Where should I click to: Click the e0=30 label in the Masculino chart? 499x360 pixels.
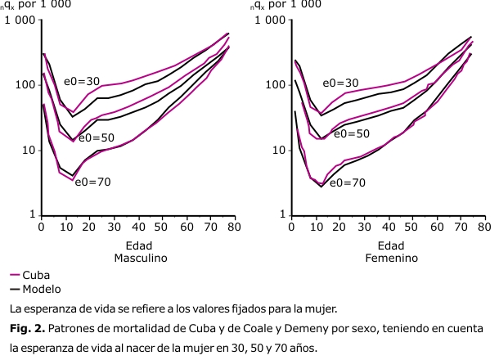pos(83,82)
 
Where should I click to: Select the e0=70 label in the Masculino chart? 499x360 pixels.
pos(92,182)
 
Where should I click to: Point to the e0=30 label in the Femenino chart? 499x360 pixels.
pos(340,83)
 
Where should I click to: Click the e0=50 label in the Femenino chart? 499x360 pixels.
pos(352,133)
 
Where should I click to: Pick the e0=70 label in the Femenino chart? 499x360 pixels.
pos(348,182)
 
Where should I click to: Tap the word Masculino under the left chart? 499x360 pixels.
pos(141,258)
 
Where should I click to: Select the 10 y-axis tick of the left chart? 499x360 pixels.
pos(26,151)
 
